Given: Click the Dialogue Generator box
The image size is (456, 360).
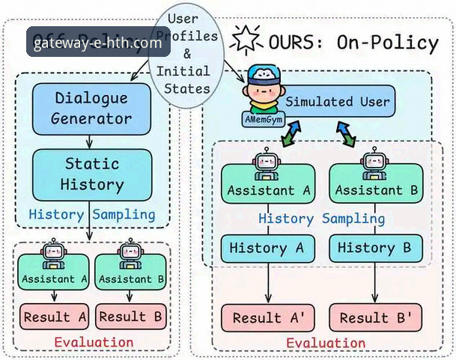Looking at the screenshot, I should point(91,109).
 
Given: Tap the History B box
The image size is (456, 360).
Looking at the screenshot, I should point(374,248).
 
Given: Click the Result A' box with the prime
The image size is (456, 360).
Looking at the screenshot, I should point(268,317).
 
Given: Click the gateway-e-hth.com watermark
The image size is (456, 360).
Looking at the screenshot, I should point(97,43).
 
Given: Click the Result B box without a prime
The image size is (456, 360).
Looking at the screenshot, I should point(131,317).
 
